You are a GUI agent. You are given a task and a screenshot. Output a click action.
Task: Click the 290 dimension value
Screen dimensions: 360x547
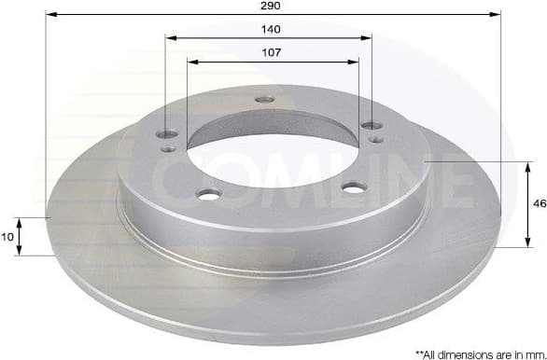click(x=272, y=6)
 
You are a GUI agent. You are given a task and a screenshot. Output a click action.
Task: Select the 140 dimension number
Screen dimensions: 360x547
click(x=271, y=29)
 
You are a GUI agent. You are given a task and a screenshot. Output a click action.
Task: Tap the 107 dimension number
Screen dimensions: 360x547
click(x=271, y=53)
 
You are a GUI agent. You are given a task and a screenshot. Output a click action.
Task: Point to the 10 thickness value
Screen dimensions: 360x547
click(x=7, y=237)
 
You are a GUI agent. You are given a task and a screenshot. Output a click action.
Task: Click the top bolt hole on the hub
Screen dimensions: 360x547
click(x=265, y=100)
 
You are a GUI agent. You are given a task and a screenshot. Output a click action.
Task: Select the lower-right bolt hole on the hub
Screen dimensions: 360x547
click(x=352, y=187)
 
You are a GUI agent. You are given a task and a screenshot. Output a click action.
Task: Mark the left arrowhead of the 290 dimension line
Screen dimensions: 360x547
click(x=49, y=15)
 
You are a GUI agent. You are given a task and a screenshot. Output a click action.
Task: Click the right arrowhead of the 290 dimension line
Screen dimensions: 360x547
click(x=497, y=15)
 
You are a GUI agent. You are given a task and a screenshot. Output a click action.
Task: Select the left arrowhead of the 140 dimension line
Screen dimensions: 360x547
click(x=170, y=38)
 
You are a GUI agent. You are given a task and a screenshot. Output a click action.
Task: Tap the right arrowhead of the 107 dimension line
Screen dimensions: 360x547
click(x=355, y=62)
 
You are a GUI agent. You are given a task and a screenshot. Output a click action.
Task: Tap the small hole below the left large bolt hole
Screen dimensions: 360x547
click(x=168, y=148)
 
